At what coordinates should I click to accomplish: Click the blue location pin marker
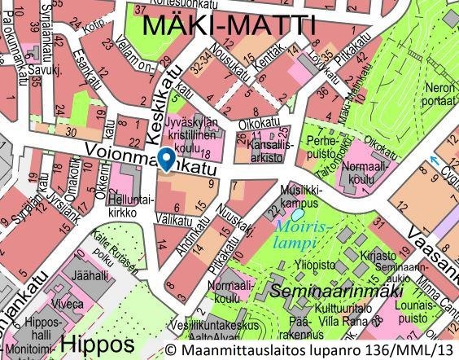(x=166, y=158)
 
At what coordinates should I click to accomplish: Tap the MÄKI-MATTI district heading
(x=228, y=26)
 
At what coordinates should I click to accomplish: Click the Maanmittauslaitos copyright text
(x=309, y=349)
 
